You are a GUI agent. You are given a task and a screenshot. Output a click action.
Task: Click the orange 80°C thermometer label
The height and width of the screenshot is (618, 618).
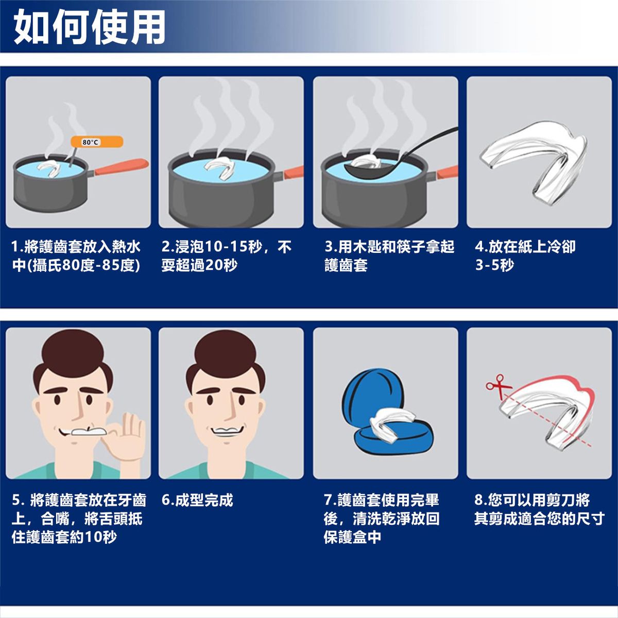(x=97, y=142)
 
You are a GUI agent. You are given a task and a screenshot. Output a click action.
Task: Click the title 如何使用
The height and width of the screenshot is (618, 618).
(x=90, y=27)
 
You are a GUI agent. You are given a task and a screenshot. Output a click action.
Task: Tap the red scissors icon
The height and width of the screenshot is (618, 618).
(x=497, y=387)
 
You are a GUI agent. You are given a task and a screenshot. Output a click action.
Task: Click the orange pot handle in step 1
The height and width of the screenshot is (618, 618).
(x=121, y=167)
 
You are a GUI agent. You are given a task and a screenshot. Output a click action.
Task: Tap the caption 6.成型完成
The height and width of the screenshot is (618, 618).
(x=197, y=500)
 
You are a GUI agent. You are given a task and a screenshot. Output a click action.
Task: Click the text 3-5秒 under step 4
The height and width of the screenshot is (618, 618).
(x=494, y=265)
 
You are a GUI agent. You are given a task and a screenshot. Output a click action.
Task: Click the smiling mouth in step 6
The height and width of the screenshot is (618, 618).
(x=227, y=431)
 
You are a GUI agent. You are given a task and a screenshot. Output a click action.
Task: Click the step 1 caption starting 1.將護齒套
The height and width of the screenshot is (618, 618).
(x=76, y=256)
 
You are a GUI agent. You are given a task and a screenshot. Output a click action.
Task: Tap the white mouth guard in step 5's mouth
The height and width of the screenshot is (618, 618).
(x=89, y=432)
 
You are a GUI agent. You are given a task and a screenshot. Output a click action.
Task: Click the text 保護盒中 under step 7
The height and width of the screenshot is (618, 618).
(x=352, y=537)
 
